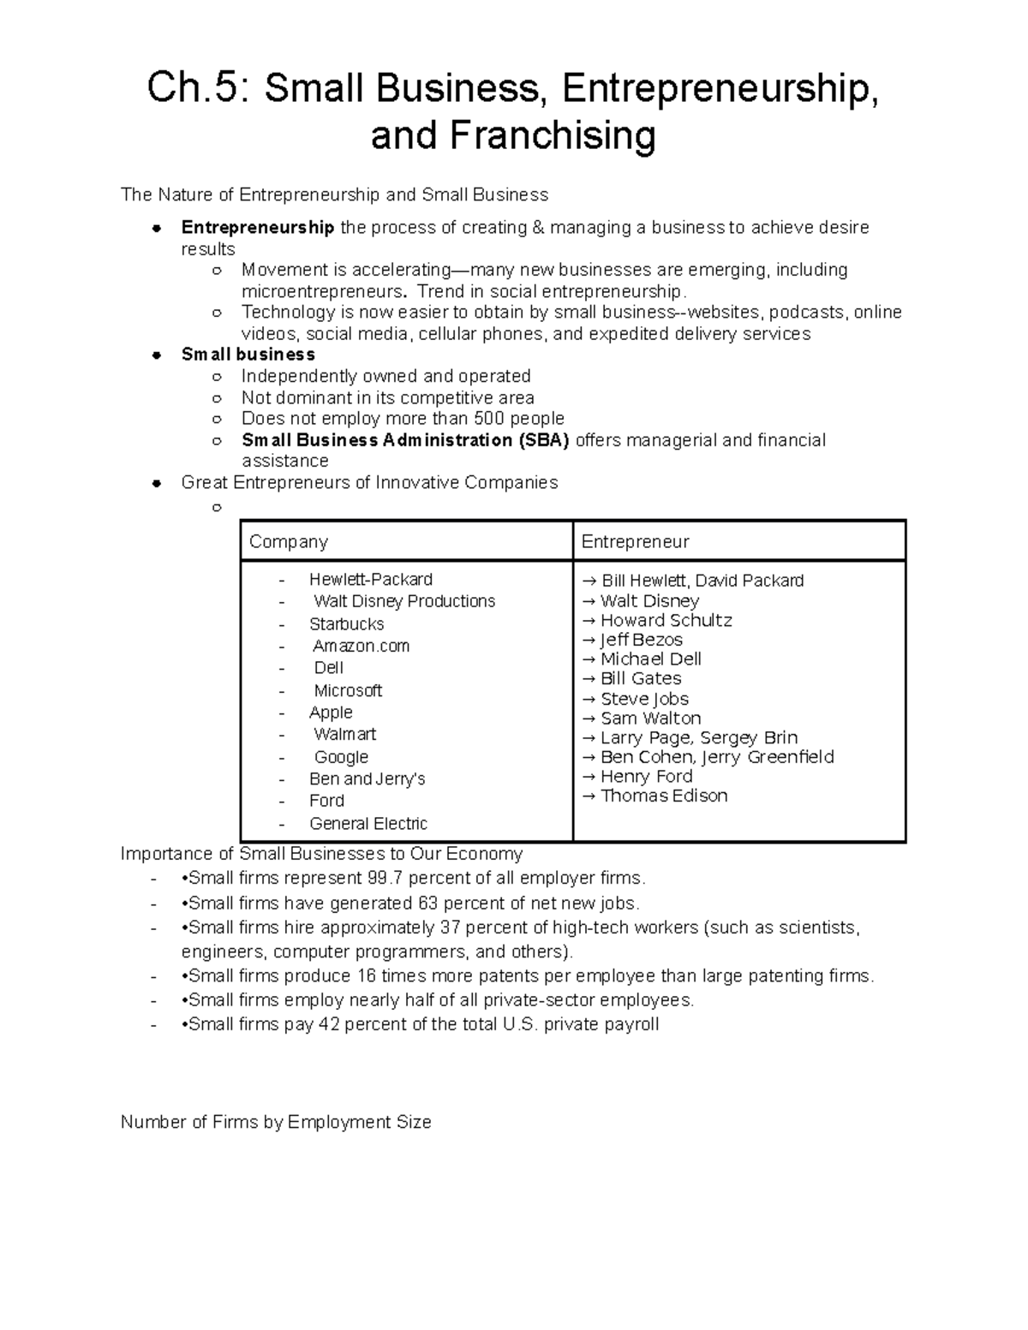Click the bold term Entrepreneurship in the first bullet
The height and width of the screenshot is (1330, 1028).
tap(257, 227)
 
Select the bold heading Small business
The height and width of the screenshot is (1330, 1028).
tap(248, 355)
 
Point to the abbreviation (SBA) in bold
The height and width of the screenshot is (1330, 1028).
tap(543, 440)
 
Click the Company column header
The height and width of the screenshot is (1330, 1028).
tap(288, 542)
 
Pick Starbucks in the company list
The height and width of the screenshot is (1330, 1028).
tap(346, 624)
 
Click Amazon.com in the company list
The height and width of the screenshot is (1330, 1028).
tap(361, 646)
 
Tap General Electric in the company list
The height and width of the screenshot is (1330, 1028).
tap(368, 824)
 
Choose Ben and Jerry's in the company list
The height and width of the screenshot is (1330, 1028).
tap(367, 779)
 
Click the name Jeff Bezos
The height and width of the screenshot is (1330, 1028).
tap(641, 640)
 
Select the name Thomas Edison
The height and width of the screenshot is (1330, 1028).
tap(664, 796)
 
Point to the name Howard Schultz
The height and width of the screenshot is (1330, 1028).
tap(666, 620)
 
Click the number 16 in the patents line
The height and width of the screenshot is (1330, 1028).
tap(367, 976)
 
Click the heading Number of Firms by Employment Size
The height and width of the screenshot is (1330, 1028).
tap(276, 1122)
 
